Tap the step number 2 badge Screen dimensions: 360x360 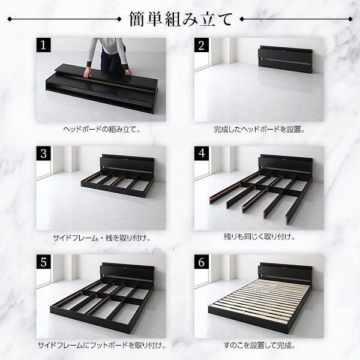point(202,45)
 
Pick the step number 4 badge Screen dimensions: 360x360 point(202,153)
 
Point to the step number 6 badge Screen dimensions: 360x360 point(202,262)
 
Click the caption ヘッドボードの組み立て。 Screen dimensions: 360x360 point(100,129)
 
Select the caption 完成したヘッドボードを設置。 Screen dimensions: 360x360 point(259,129)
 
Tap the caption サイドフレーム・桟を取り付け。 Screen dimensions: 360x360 point(100,238)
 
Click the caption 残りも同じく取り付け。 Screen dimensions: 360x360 point(259,238)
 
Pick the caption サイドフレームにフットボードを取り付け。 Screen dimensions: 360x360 point(100,346)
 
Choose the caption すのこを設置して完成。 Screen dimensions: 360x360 point(259,346)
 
